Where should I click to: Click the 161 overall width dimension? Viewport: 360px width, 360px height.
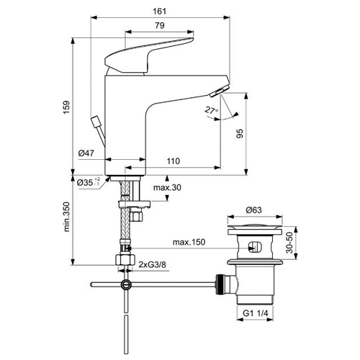click(159, 12)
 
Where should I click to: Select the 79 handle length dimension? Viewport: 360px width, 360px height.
click(160, 25)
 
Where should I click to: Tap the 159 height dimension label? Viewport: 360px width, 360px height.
click(66, 107)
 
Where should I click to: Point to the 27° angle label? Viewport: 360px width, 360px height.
click(211, 110)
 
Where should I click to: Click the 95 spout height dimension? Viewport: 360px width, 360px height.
click(240, 133)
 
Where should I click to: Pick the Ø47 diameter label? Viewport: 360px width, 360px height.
click(86, 153)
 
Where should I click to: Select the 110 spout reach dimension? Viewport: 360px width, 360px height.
click(174, 161)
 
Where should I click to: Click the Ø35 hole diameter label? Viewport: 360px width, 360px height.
click(89, 182)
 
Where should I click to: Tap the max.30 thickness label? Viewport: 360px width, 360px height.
click(167, 187)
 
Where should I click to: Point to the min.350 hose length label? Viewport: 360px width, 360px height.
click(66, 217)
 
